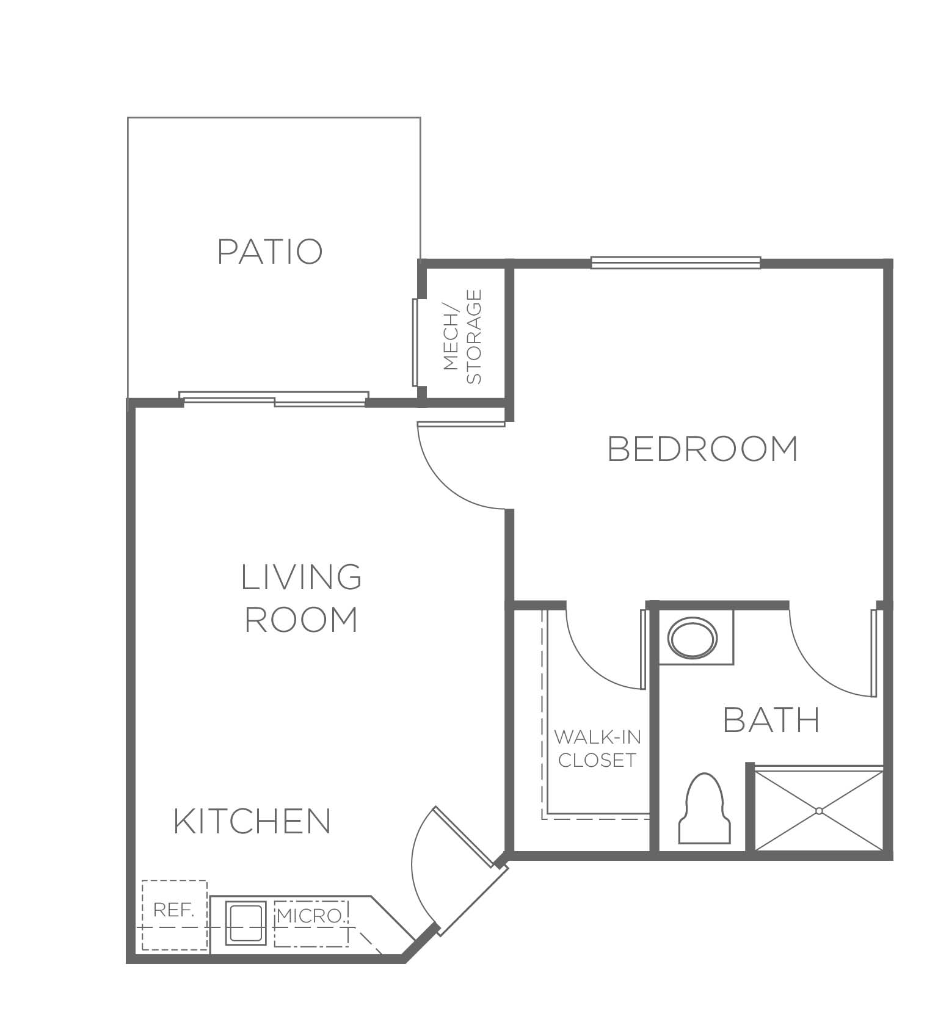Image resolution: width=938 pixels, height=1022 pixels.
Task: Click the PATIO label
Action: click(x=270, y=252)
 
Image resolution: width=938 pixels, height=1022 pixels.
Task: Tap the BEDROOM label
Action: click(x=703, y=449)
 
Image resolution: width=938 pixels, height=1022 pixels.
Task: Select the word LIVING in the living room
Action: click(x=302, y=577)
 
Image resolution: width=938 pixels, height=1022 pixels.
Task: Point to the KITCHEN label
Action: click(x=252, y=821)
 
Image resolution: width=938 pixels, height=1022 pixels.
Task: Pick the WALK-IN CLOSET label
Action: click(x=597, y=748)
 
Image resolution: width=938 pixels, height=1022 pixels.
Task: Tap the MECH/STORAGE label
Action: click(x=462, y=336)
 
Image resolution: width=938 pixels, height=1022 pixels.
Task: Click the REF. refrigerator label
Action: click(x=174, y=910)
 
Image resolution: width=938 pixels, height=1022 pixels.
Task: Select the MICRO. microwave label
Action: click(x=310, y=916)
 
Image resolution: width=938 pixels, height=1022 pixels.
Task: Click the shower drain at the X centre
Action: click(x=819, y=811)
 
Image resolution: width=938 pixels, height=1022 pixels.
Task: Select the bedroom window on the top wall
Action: click(x=676, y=263)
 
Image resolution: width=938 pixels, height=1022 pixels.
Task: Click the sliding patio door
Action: click(x=275, y=399)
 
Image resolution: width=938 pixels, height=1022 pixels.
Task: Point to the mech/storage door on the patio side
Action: click(x=416, y=342)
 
